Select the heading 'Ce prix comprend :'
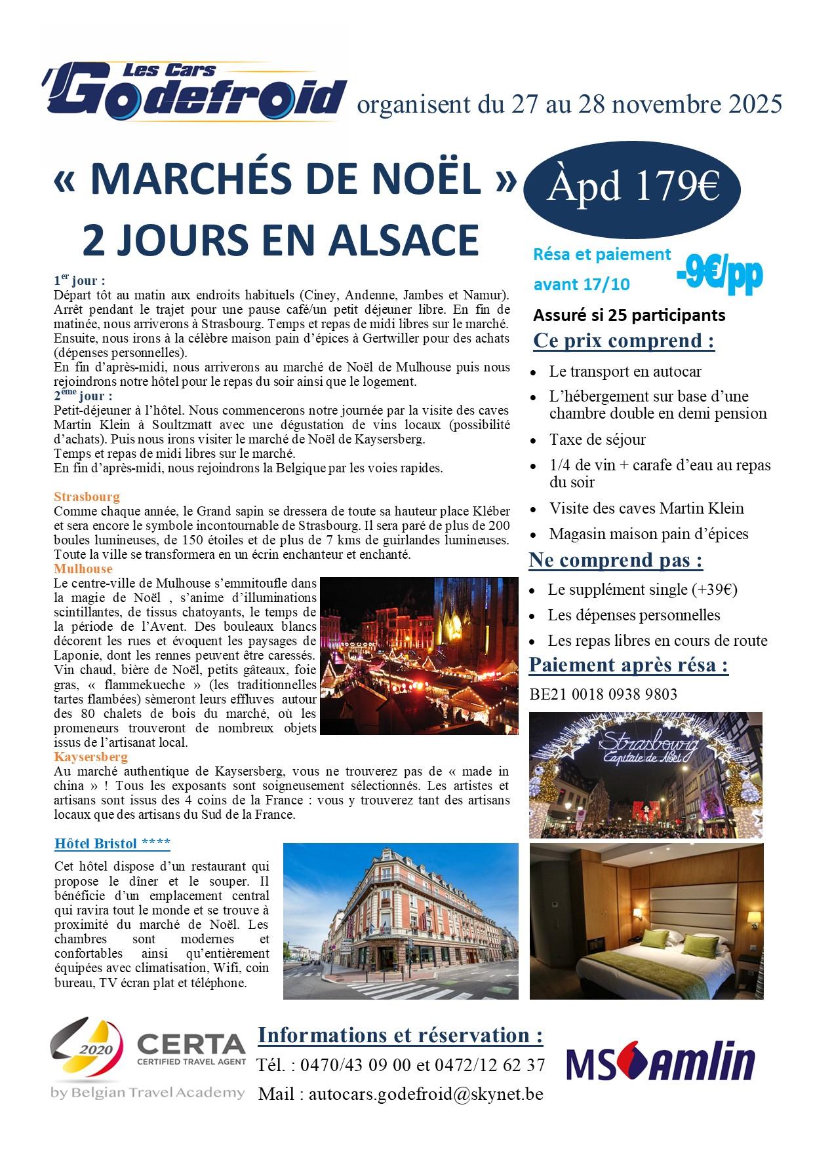(624, 341)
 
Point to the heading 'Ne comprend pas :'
(616, 561)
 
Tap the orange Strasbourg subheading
(87, 497)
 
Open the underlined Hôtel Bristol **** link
(113, 842)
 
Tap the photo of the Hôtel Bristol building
(400, 920)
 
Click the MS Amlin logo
(660, 1064)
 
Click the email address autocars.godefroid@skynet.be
(425, 1093)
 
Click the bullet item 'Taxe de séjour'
(597, 439)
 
